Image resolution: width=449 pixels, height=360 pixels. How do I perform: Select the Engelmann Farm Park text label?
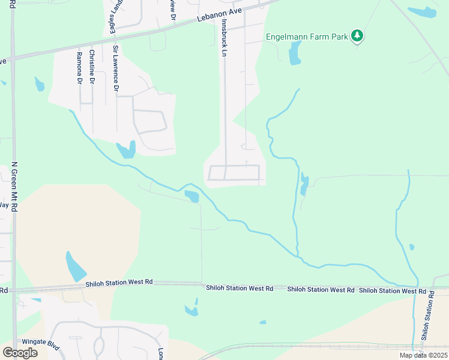[307, 37]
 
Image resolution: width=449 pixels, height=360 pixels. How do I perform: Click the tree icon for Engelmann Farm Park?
[357, 36]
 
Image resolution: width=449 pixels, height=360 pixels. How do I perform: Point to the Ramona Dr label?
[79, 67]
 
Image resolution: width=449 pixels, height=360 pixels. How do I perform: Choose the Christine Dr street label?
[92, 66]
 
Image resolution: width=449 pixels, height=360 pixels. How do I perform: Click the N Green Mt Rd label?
[14, 185]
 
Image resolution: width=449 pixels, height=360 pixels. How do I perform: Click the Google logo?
[20, 353]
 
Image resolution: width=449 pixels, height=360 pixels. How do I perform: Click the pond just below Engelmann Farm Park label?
[294, 53]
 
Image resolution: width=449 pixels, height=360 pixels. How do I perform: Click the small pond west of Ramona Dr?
[40, 84]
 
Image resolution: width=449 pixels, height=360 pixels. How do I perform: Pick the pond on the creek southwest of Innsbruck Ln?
[191, 196]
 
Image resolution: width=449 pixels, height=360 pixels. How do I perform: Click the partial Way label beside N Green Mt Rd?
[4, 205]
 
